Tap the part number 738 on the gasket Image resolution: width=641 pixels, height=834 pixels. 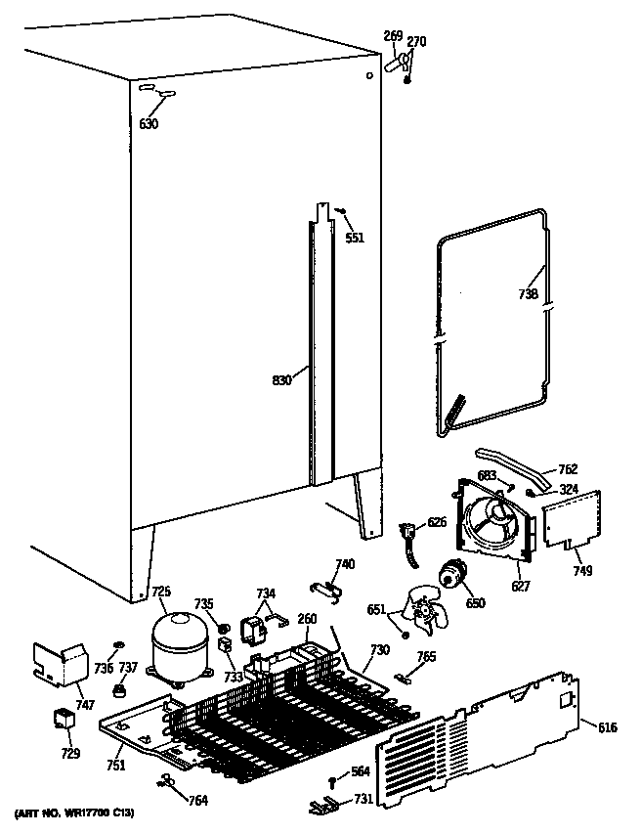coord(529,293)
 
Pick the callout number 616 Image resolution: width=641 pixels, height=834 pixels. coord(607,726)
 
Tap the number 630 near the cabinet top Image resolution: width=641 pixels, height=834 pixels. coord(149,124)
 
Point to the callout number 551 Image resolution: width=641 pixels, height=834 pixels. coord(354,237)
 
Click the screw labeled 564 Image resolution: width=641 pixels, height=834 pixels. coord(334,778)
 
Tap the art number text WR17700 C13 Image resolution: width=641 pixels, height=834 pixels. coord(74,814)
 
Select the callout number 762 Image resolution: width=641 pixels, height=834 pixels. coord(568,468)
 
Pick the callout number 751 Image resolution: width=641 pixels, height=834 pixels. coord(115,766)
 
